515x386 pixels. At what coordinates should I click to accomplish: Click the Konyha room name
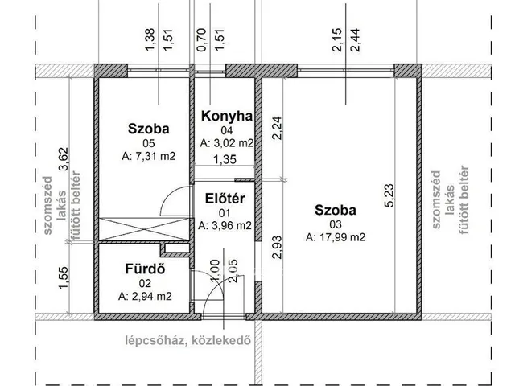pyautogui.click(x=227, y=117)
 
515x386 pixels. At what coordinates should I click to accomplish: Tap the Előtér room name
pyautogui.click(x=225, y=199)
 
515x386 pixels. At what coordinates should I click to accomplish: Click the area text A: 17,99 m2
pyautogui.click(x=336, y=237)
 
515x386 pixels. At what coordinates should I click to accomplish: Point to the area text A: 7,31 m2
pyautogui.click(x=148, y=156)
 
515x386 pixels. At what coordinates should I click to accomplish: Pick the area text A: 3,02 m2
pyautogui.click(x=226, y=143)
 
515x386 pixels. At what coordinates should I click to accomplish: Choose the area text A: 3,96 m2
pyautogui.click(x=225, y=226)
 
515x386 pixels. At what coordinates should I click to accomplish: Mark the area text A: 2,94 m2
pyautogui.click(x=145, y=296)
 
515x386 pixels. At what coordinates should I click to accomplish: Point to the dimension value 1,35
pyautogui.click(x=225, y=161)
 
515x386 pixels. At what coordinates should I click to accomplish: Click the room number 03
pyautogui.click(x=336, y=224)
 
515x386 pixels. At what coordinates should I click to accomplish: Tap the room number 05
pyautogui.click(x=148, y=142)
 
